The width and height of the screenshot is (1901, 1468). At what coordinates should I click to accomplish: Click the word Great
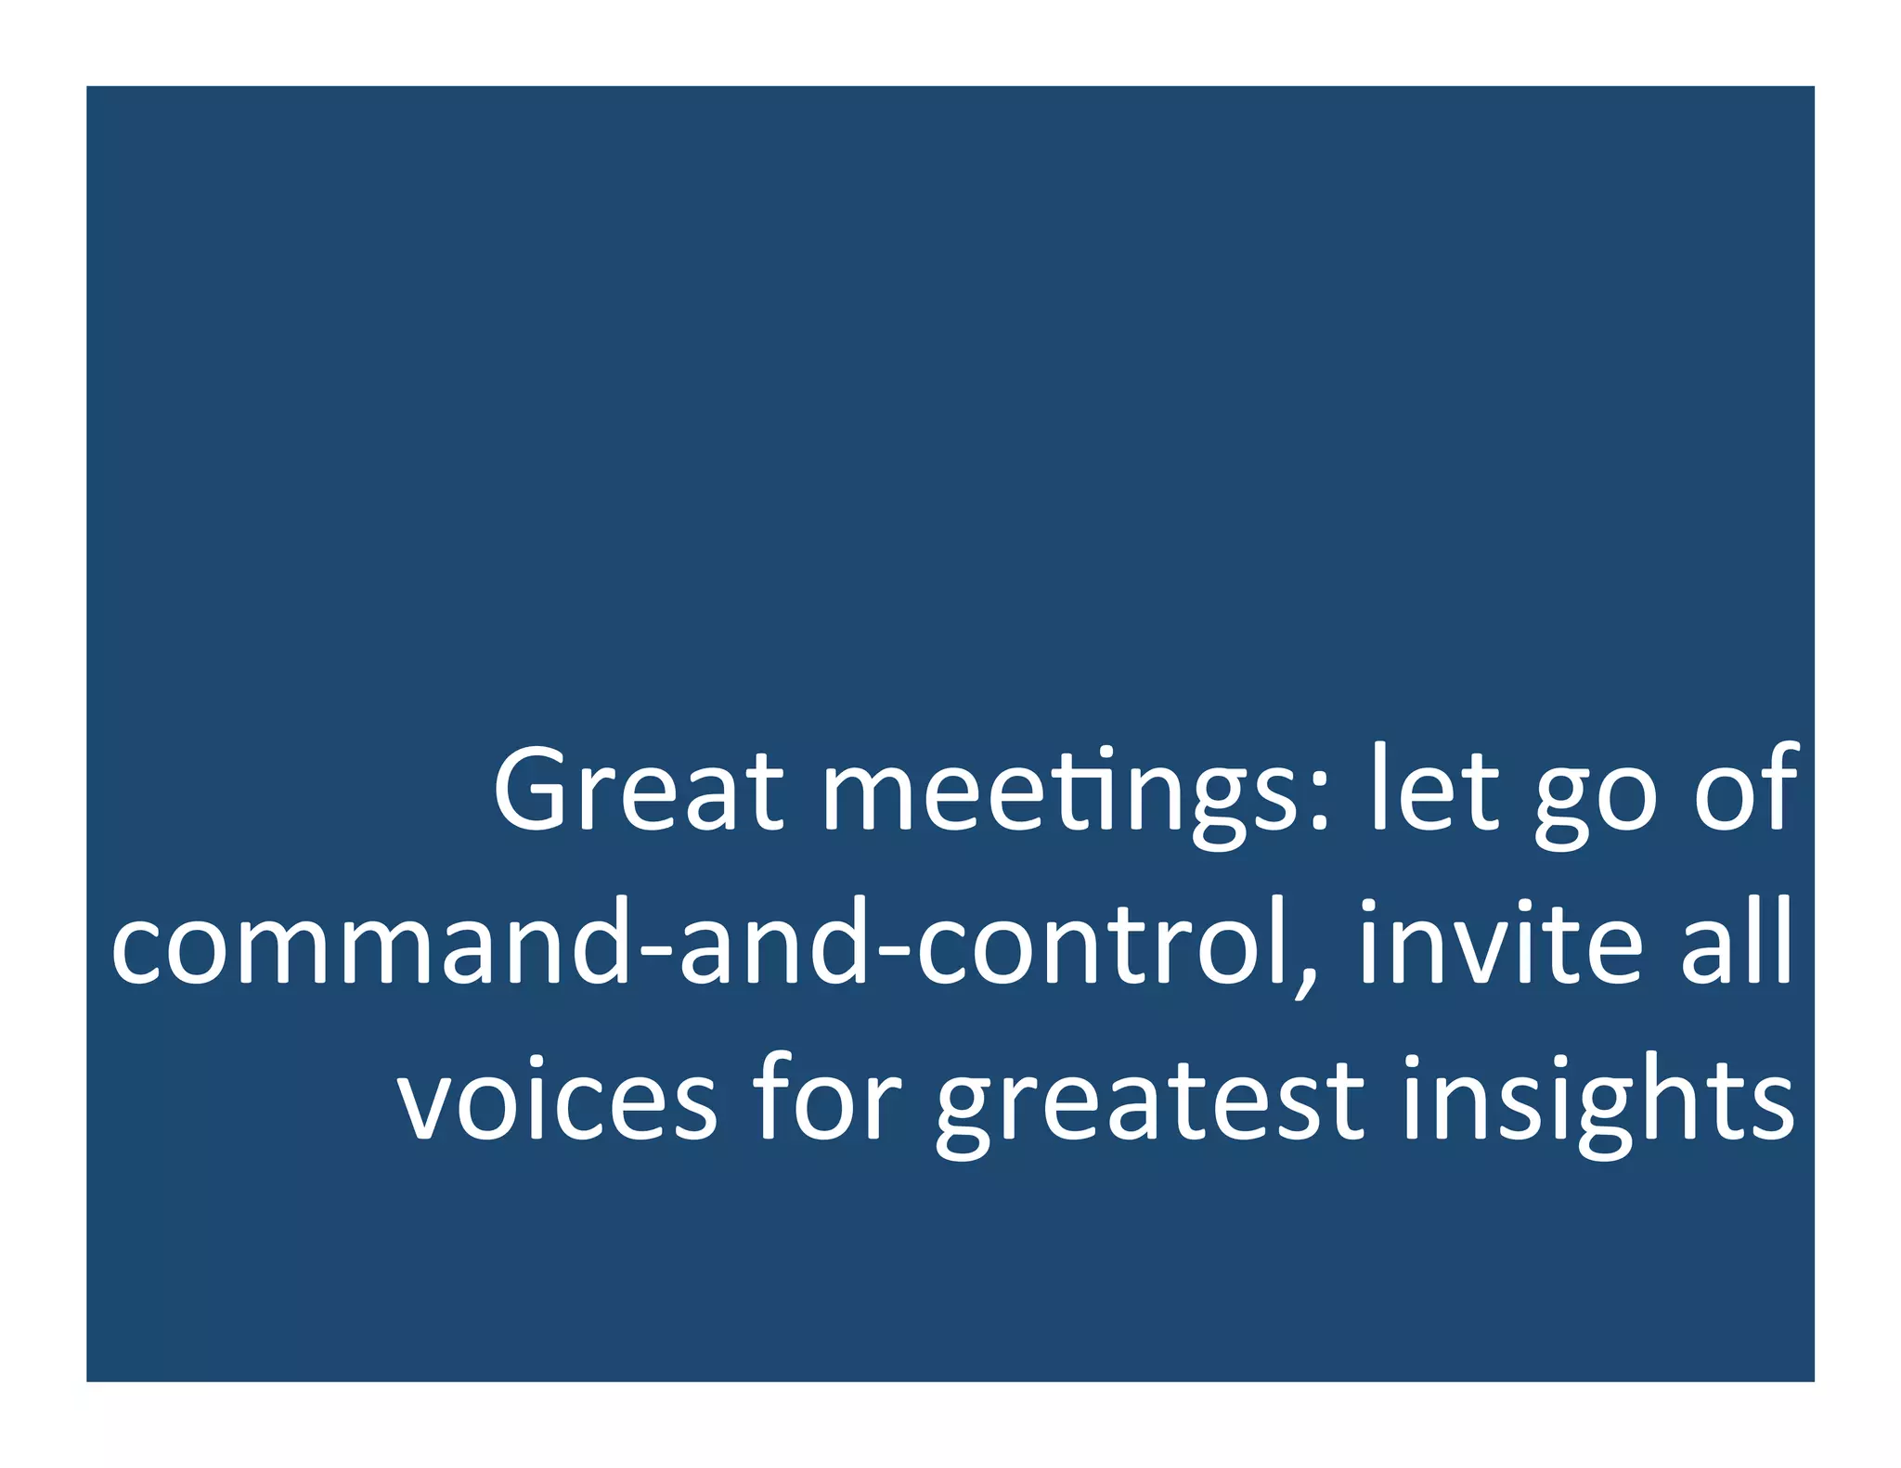pyautogui.click(x=639, y=789)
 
